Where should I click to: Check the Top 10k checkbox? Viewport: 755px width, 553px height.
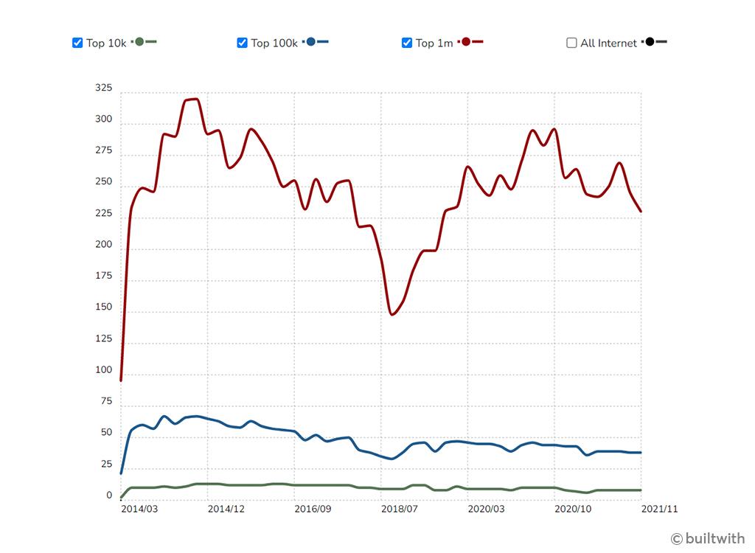[77, 43]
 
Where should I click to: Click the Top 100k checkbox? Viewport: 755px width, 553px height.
[242, 43]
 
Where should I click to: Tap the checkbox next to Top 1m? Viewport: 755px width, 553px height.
[407, 43]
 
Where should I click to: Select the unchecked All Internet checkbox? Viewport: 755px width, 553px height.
[571, 43]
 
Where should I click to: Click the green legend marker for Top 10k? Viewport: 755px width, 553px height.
[139, 42]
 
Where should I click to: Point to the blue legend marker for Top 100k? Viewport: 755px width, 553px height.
[311, 42]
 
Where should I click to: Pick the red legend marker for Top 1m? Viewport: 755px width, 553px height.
[466, 42]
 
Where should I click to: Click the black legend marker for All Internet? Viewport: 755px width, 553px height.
[650, 42]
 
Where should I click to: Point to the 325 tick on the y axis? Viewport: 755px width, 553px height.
[104, 88]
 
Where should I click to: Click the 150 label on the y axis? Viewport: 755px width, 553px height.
[104, 307]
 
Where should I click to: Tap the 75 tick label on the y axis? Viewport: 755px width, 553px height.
[107, 402]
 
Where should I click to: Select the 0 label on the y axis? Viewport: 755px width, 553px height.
[109, 496]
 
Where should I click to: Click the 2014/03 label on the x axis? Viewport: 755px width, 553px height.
[139, 509]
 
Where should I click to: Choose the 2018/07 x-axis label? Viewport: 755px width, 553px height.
[400, 509]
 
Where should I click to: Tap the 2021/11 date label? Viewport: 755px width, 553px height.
[659, 509]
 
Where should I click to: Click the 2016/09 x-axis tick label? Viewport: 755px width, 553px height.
[313, 509]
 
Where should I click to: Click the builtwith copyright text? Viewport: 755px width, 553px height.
[708, 538]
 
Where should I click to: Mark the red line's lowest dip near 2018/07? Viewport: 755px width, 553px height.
[392, 315]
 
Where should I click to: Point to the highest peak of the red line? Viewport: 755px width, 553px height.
[193, 99]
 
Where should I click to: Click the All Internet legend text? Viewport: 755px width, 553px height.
[608, 43]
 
